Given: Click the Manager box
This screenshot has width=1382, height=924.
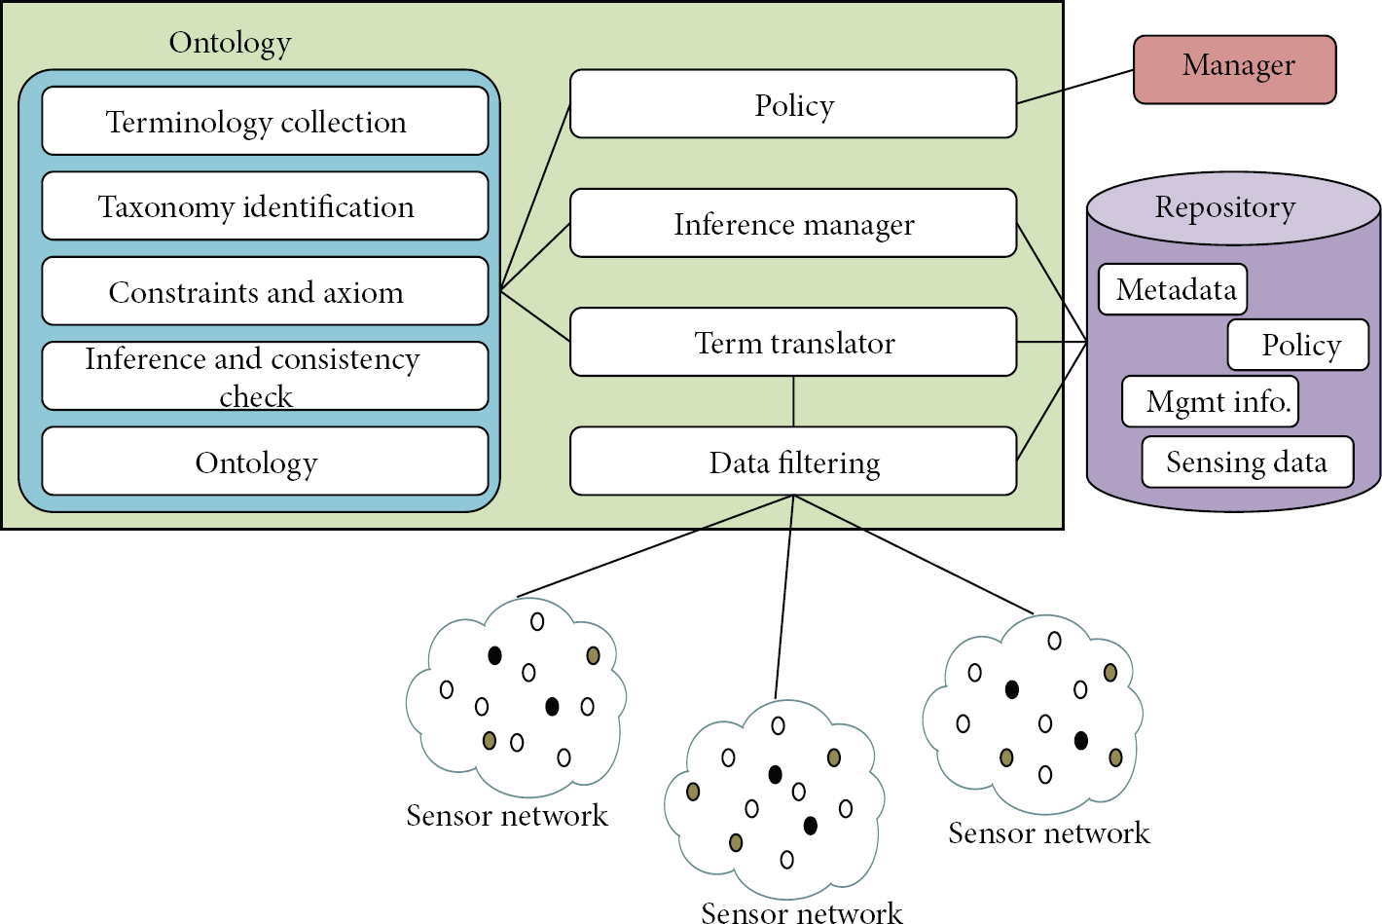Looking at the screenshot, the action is (x=1234, y=69).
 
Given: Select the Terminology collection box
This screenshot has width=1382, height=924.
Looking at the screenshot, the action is (x=266, y=121).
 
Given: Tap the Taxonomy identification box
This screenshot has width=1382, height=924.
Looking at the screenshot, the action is (x=266, y=206).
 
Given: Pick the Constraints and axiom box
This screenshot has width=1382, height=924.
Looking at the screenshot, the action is (x=266, y=291).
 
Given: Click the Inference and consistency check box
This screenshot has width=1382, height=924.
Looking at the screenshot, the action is (x=266, y=376).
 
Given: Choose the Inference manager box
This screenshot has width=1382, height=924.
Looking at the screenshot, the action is (x=793, y=223).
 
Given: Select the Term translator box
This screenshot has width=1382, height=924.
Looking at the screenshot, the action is (x=793, y=342).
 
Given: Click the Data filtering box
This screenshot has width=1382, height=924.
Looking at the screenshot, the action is (x=793, y=462).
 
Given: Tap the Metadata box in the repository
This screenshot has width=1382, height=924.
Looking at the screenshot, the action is (x=1173, y=289).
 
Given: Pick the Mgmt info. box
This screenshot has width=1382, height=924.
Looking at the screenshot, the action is (x=1210, y=401).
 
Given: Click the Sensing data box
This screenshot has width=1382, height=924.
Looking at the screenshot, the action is (x=1248, y=462).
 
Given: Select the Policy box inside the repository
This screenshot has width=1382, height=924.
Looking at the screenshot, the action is (x=1298, y=345).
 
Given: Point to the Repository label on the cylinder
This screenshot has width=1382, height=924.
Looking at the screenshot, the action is (x=1224, y=206).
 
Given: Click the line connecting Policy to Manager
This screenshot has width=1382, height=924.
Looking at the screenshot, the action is (x=1074, y=87).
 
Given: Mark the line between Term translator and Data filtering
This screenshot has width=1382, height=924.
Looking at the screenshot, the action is (x=793, y=401).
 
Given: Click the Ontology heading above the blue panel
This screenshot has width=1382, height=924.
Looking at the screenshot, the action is (x=230, y=43).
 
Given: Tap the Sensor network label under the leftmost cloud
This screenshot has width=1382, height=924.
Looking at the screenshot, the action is (x=506, y=815).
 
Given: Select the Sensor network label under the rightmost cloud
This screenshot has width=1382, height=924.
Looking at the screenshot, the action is (x=1049, y=833).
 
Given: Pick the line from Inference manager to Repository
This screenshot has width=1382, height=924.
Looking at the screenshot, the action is (x=1051, y=282).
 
